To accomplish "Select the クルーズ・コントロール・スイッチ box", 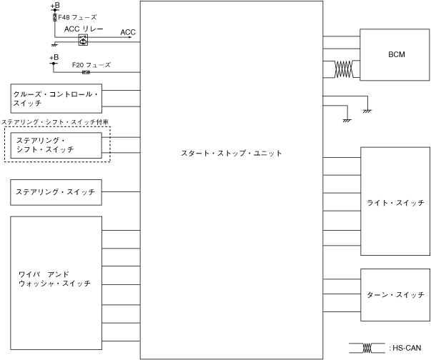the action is (x=56, y=98).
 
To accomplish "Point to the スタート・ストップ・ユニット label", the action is (x=232, y=154).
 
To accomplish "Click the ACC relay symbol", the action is (x=82, y=41).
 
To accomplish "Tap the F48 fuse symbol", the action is (x=55, y=16).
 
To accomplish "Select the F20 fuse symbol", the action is (x=86, y=72).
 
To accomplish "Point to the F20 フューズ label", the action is (x=91, y=64).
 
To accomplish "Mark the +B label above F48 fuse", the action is (x=55, y=6).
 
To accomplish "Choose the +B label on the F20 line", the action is (x=54, y=58).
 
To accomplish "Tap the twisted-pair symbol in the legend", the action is (x=369, y=348).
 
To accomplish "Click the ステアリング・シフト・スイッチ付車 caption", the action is (x=55, y=122).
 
